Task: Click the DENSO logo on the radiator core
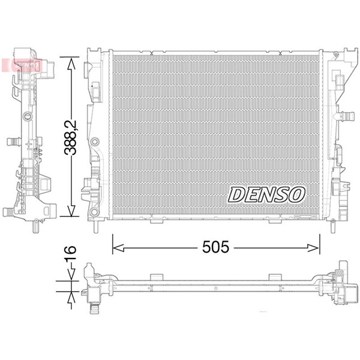click(266, 194)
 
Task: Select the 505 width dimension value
click(215, 247)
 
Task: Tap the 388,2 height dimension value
click(70, 137)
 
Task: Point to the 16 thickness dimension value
click(70, 253)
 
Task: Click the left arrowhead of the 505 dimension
click(118, 248)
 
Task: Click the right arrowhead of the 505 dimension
click(314, 248)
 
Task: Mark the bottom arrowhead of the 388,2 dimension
click(71, 211)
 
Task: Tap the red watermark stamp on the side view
click(22, 65)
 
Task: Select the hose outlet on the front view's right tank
click(344, 115)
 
